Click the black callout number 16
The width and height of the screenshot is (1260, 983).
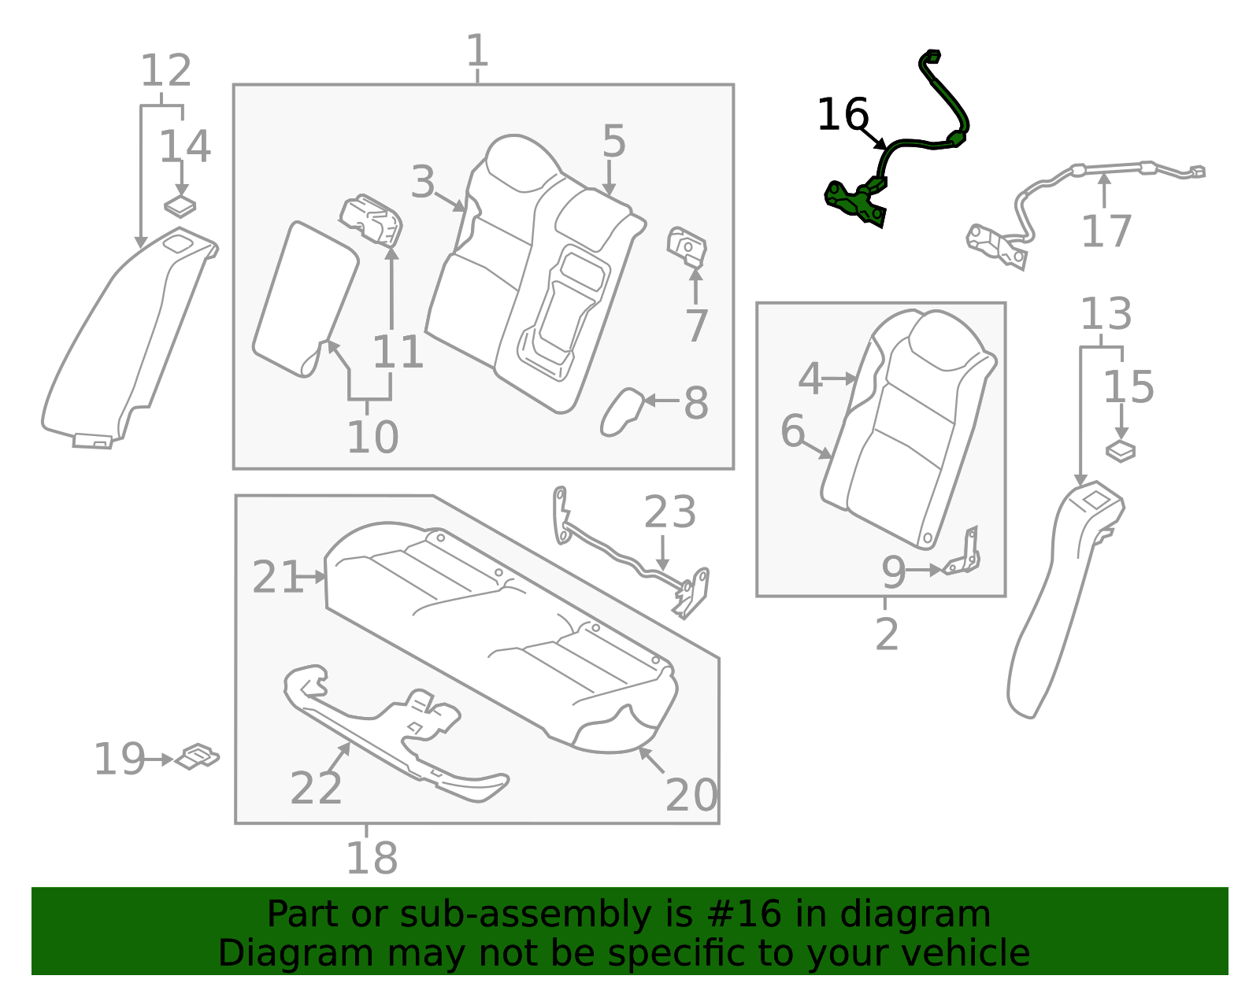tap(842, 115)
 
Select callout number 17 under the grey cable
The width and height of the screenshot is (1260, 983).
tap(1106, 231)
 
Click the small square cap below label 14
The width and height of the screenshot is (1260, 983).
tap(180, 207)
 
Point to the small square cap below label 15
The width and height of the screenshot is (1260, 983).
tap(1120, 452)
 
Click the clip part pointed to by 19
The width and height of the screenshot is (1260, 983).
tap(196, 756)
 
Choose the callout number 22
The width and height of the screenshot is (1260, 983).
tap(316, 788)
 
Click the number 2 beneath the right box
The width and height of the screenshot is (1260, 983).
tap(886, 634)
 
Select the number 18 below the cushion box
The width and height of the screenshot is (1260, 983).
tap(372, 858)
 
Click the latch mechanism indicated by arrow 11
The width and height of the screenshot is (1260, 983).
tap(372, 219)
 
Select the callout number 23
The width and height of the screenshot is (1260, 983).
tap(669, 512)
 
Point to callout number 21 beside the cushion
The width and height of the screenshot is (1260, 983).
tap(276, 578)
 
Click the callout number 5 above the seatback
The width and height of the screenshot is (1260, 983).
tap(613, 141)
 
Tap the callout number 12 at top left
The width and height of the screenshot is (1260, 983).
tap(165, 71)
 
